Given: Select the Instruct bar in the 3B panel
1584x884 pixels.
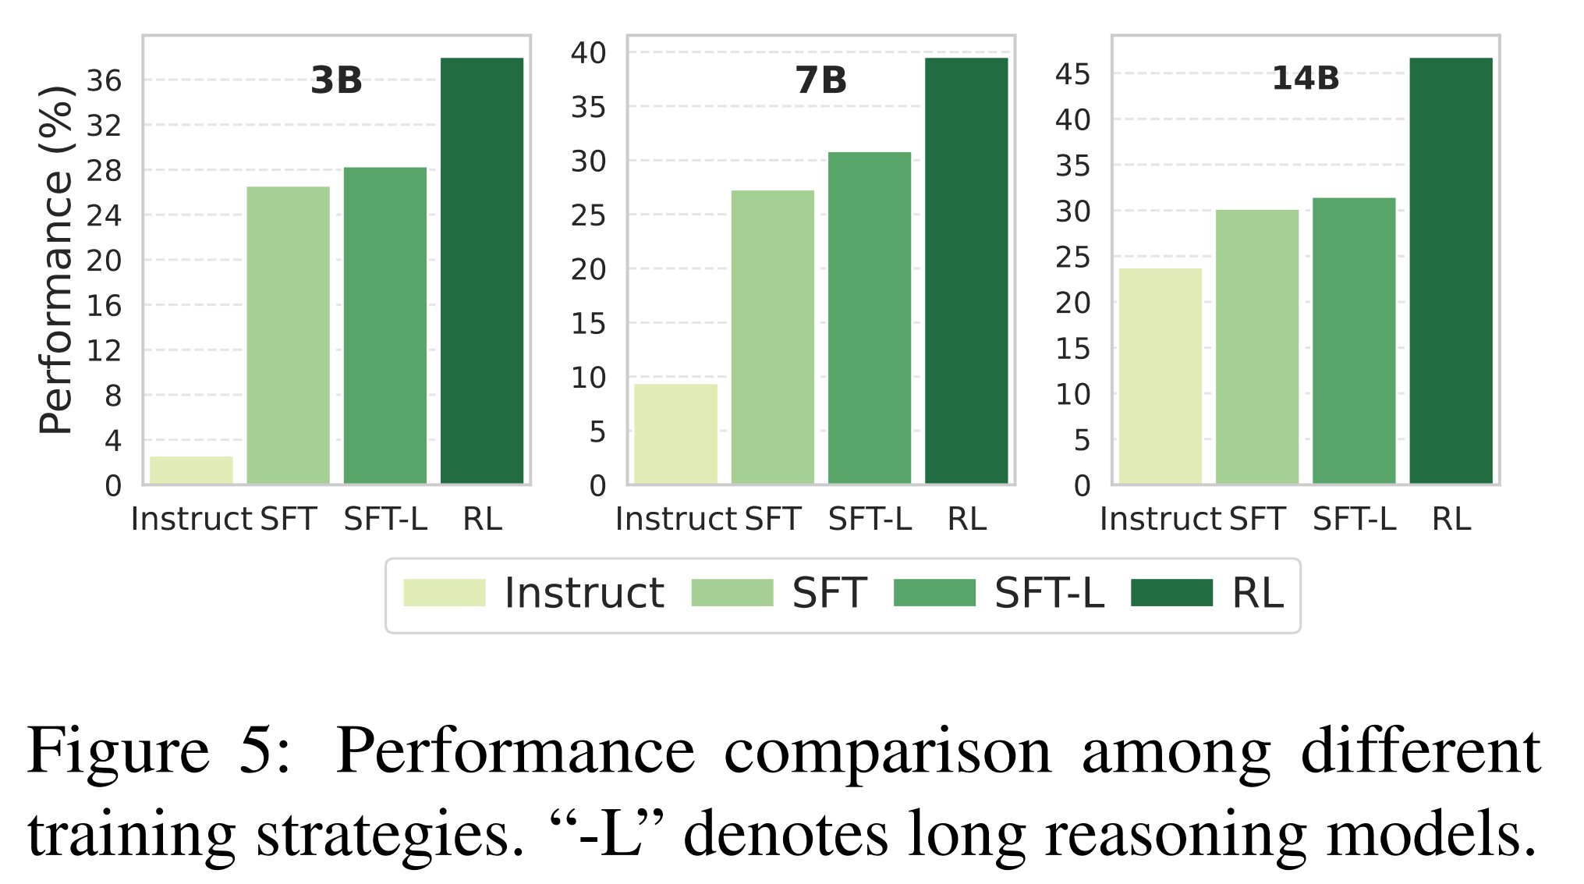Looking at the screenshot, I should pos(191,470).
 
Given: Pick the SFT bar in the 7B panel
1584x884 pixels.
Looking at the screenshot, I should pos(772,336).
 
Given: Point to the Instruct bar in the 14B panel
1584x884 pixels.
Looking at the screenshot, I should pos(1160,375).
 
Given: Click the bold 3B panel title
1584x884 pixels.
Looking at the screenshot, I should pos(337,80).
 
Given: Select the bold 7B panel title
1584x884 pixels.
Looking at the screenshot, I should pos(821,80).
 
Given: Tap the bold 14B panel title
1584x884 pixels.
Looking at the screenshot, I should pos(1306,79).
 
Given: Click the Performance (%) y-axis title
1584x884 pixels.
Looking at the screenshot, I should pos(56,260).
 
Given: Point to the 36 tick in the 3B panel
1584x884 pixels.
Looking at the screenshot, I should pos(104,80).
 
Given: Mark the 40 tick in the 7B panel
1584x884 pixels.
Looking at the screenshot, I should pos(588,53).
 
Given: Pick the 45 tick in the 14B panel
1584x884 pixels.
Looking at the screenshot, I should pos(1072,75).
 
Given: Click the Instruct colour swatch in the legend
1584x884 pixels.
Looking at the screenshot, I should pos(444,593).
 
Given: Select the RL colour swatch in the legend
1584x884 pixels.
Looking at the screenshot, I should pos(1171,593).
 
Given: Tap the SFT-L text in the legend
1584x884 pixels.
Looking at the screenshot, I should pos(1049,593).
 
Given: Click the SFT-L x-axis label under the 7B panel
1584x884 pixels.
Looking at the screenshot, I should pos(870,519).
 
